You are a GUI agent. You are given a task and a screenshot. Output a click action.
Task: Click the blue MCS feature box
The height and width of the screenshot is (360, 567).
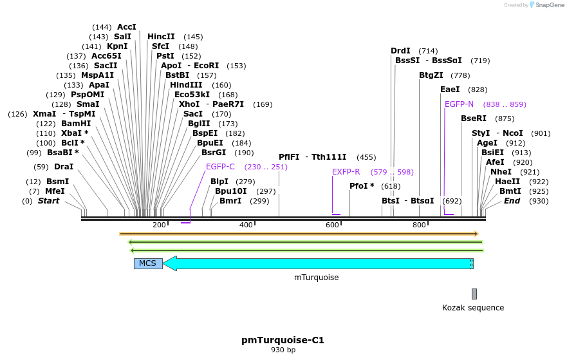[x=148, y=263]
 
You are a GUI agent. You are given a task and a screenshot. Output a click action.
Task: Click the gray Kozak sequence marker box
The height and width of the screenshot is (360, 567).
[x=474, y=294]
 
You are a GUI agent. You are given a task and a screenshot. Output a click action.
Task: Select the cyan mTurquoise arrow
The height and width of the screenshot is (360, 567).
[x=318, y=263]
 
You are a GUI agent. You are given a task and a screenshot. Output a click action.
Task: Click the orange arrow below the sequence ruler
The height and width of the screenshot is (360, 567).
[x=299, y=234]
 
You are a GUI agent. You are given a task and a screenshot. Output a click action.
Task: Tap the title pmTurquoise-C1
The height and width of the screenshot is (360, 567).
[x=283, y=340]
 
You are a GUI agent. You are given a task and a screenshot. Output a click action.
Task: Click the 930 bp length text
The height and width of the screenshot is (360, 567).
[x=283, y=350]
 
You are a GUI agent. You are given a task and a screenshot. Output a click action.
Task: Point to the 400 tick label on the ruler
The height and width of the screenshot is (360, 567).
[x=246, y=225]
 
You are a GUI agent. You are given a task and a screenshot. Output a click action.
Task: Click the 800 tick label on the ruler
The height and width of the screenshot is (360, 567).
[x=419, y=225]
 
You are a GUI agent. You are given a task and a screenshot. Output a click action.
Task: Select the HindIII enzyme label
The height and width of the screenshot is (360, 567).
[x=186, y=84]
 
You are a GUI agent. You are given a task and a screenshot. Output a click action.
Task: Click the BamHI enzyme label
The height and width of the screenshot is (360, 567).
[x=76, y=124]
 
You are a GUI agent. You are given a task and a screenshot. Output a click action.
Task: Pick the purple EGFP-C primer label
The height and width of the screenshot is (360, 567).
[x=220, y=166]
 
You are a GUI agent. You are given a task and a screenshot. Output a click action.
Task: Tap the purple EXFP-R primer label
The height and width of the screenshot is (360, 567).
[x=346, y=171]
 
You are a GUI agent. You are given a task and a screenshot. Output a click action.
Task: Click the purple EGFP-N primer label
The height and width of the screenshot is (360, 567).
[x=459, y=104]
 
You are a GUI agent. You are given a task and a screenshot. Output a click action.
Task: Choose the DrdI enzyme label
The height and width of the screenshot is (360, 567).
[x=401, y=51]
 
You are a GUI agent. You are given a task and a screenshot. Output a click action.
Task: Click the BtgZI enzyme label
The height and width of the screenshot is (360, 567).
[x=431, y=75]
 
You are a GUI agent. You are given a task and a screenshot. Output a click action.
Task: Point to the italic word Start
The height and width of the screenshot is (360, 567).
[x=48, y=201]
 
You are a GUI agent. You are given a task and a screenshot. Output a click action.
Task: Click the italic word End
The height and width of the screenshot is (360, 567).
[x=512, y=201]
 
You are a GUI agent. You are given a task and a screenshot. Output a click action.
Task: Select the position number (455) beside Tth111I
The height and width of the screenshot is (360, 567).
[x=366, y=157]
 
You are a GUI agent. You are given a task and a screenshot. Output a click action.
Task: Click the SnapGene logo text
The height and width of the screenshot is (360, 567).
[x=550, y=5]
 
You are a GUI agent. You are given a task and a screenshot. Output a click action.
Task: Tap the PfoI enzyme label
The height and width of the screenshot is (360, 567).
[x=358, y=186]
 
